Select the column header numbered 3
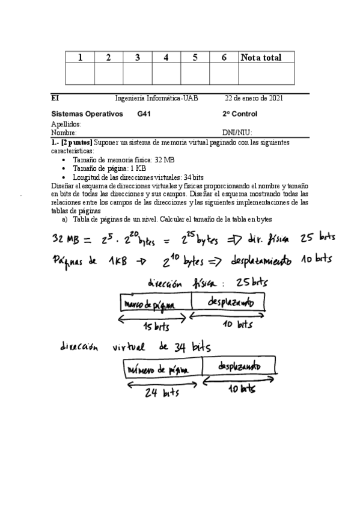coord(138,58)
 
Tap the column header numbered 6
coord(224,58)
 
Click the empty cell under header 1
coord(80,73)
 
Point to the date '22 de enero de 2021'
coord(254,98)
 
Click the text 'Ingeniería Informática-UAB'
coord(156,98)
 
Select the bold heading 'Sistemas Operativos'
coord(87,114)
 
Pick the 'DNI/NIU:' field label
coord(237,132)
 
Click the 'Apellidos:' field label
coord(66,124)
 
